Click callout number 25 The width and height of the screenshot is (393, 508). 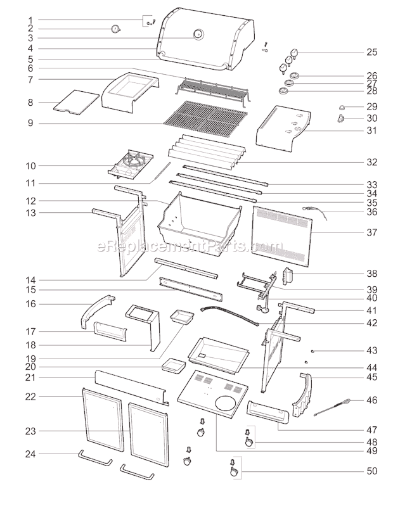(371, 52)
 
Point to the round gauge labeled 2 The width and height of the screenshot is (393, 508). (116, 29)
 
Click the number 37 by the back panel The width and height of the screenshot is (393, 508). (371, 232)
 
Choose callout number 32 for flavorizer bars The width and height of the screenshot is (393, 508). (371, 162)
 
